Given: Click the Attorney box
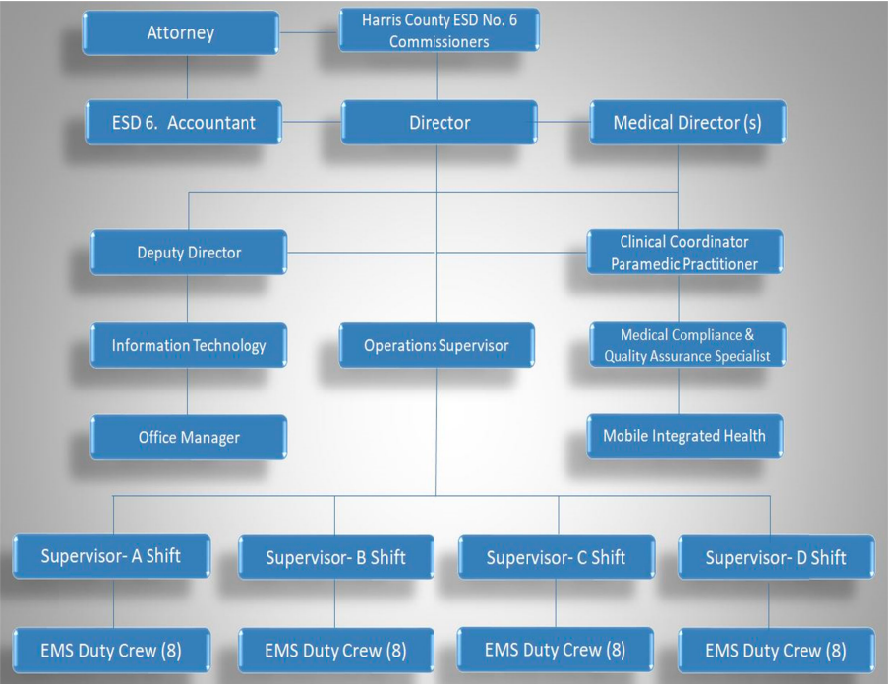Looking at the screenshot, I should coord(181,32).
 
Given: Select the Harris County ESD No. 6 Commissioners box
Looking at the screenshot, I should coord(439,29).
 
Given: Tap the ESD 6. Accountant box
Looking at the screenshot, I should coord(183,123).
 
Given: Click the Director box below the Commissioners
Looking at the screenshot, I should coord(439,123).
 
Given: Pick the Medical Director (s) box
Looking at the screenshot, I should coord(686,123).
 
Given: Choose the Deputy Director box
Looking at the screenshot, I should coord(189,253).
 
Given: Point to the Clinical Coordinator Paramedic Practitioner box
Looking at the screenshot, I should coord(684,253).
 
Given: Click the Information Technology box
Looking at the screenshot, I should coord(189,346).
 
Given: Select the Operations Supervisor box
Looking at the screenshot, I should coord(437,346).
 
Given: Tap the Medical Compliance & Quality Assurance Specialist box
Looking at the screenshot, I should coord(686,345).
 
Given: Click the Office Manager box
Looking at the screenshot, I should coord(189,437).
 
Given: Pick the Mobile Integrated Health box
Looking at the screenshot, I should coord(684,435).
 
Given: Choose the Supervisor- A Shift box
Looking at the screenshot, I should coord(110,556).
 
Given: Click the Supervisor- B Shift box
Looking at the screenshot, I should coord(335,558).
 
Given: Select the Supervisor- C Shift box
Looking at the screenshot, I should coord(556,558).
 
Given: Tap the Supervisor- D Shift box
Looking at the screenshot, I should coord(776,558).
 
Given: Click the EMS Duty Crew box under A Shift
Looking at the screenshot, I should coord(111,650).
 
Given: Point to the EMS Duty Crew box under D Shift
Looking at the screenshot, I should coord(776,651).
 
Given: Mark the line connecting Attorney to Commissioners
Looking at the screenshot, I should coord(309,32).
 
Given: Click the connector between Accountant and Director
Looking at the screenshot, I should coord(312,122).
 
